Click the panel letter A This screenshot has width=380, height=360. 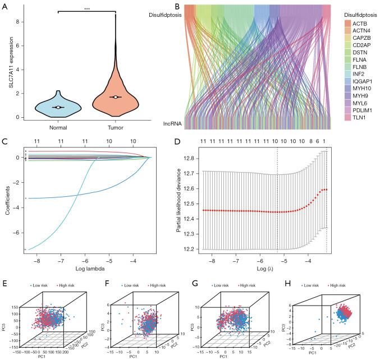6,6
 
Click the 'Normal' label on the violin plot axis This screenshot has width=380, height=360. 58,127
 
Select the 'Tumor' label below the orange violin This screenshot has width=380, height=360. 115,127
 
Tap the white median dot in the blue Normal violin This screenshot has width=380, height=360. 58,107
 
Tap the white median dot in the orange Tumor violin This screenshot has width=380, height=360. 115,97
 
